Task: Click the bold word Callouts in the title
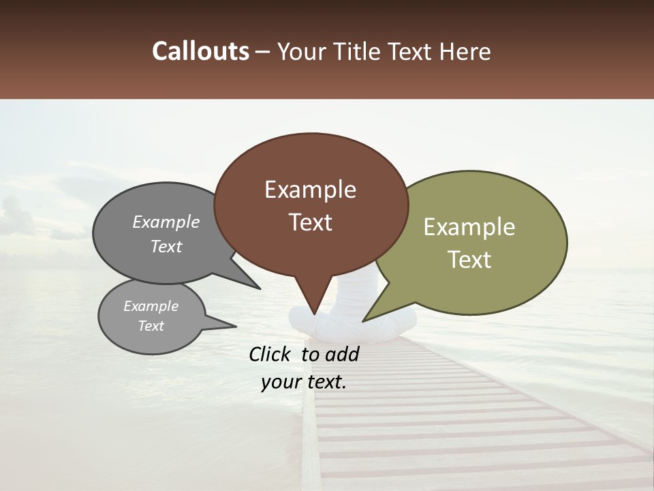coord(201,51)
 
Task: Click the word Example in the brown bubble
coord(310,190)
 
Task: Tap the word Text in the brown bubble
coord(310,222)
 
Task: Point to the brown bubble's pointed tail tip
coord(314,314)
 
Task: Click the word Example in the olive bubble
coord(469,227)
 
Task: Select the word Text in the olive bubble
coord(469,260)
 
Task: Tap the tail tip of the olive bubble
coord(363,321)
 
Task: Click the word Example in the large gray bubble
coord(166,222)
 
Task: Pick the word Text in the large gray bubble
coord(166,246)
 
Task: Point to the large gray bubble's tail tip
coord(260,288)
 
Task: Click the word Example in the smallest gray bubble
coord(151,306)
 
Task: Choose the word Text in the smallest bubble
coord(151,326)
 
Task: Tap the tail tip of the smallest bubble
coord(236,327)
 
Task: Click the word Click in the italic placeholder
coord(271,354)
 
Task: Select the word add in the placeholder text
coord(341,354)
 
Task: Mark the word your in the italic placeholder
coord(280,382)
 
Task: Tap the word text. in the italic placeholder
coord(324,382)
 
